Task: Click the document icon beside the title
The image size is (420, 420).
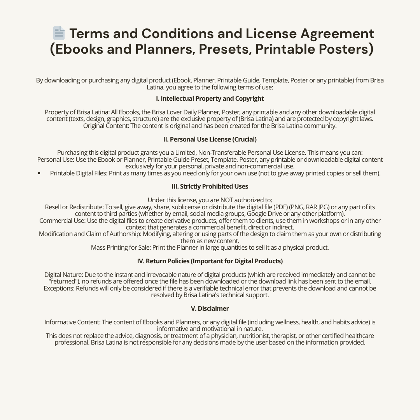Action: tap(59, 33)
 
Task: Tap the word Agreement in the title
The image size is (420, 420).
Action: tap(337, 33)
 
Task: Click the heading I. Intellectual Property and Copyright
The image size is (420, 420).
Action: tap(210, 99)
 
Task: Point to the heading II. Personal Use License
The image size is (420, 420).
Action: tap(210, 139)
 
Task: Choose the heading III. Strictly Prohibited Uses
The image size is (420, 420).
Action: tap(210, 187)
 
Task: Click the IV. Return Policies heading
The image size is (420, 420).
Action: tap(210, 261)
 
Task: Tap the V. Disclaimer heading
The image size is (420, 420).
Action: tap(210, 308)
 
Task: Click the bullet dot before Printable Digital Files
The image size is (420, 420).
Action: tap(39, 173)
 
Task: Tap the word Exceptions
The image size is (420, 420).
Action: tap(59, 288)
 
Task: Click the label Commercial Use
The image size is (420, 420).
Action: tap(62, 220)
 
